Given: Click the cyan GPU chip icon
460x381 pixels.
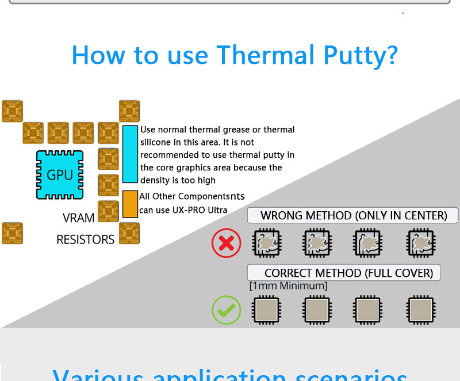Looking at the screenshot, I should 60,174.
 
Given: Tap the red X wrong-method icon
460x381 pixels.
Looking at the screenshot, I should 226,243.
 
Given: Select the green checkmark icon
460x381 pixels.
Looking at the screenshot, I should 226,310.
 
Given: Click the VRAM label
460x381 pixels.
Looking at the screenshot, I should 78,219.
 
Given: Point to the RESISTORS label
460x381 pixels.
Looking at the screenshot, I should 85,239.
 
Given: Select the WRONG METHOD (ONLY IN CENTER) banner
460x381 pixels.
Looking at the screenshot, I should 353,216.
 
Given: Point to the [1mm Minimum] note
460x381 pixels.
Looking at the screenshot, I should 288,286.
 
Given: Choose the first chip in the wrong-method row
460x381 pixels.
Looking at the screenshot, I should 266,243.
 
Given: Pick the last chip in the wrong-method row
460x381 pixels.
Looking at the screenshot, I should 420,243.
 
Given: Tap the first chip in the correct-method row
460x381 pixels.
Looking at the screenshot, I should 266,310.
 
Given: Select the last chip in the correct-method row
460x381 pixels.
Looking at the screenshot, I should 420,310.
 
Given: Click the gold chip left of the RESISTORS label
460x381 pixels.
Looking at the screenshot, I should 12,233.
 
